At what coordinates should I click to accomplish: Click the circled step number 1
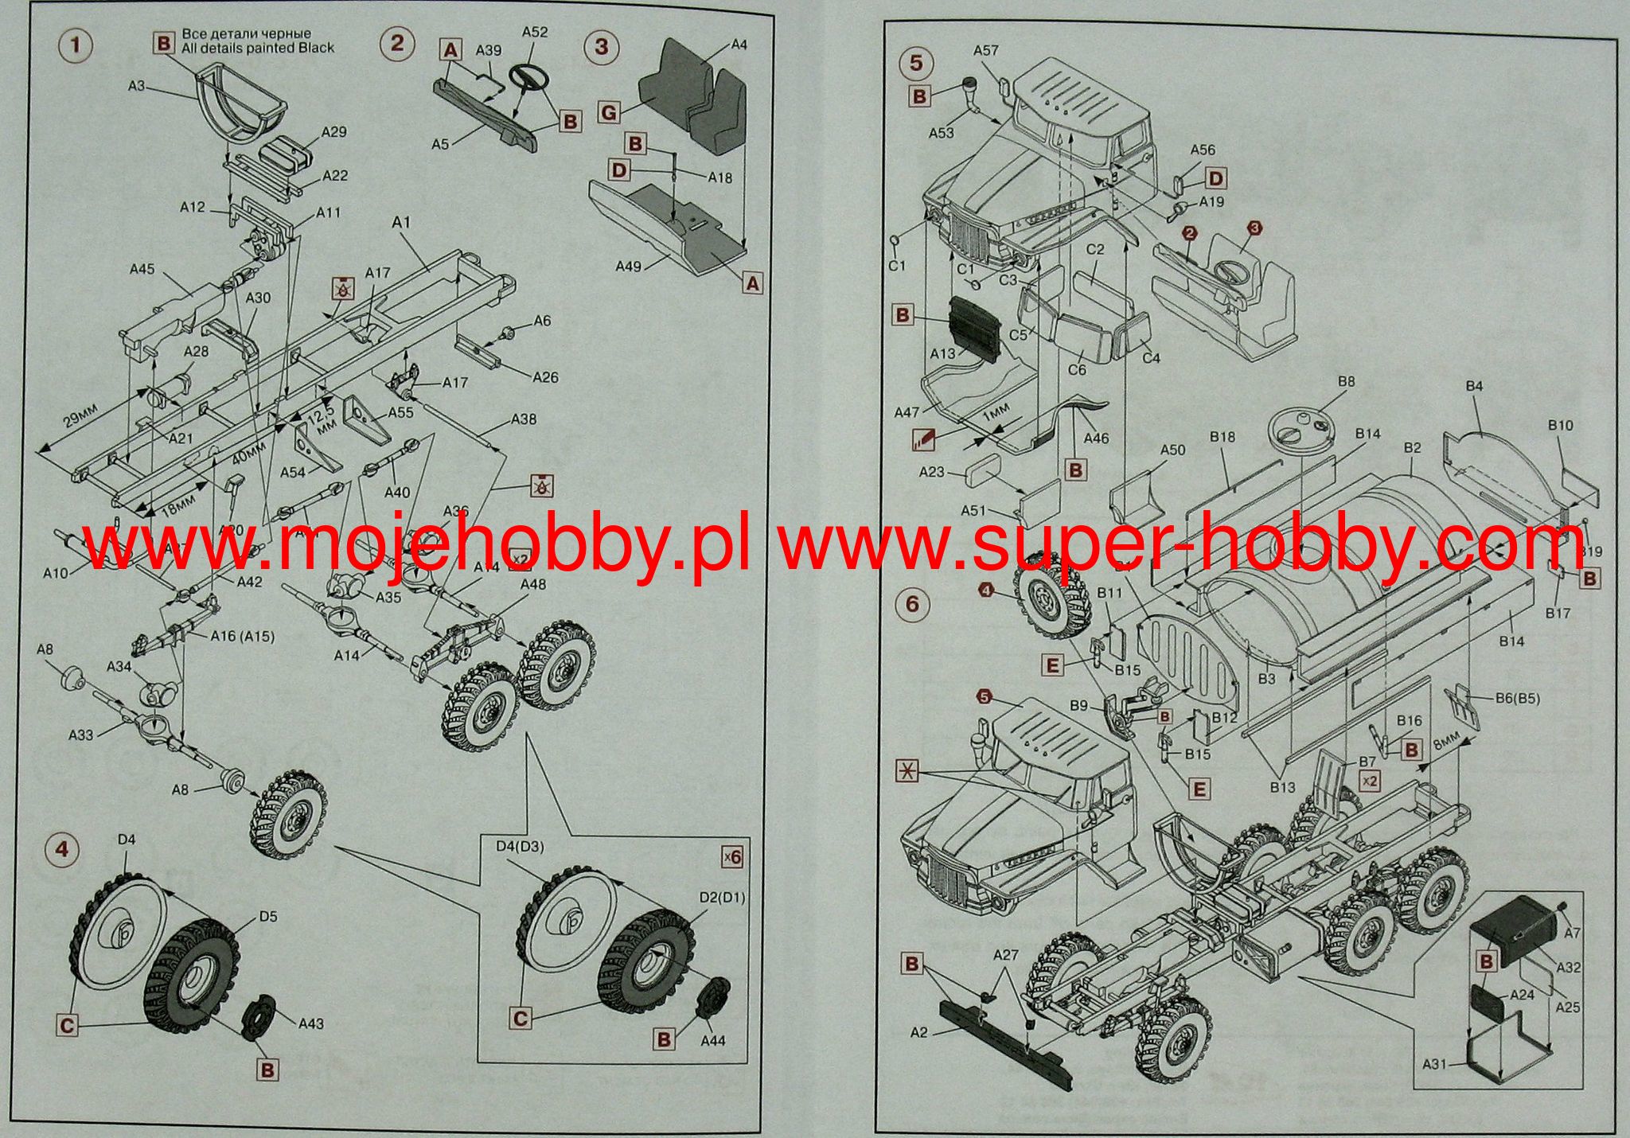click(76, 45)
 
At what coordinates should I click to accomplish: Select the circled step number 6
click(912, 605)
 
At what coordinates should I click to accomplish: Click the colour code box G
click(608, 114)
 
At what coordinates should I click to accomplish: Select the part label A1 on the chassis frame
click(401, 223)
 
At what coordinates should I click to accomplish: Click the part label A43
click(310, 1023)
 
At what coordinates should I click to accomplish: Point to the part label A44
click(713, 1039)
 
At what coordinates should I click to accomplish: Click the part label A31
click(1433, 1063)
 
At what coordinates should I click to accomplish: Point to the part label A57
click(985, 51)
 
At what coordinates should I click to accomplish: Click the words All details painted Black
click(259, 48)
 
